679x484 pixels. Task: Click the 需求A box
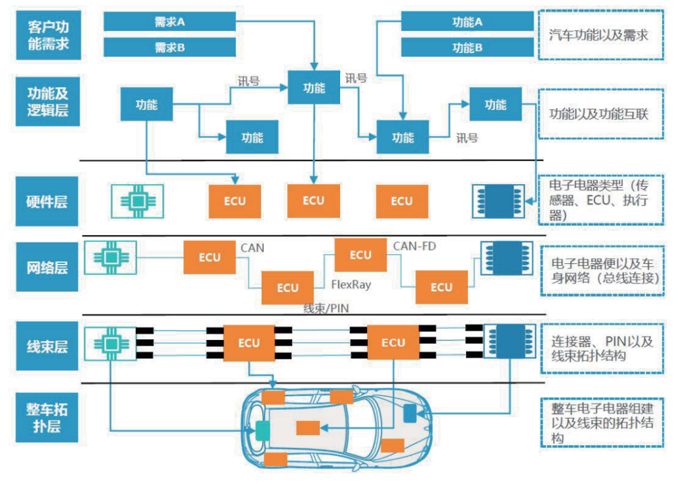(170, 22)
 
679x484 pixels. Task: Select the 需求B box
(170, 48)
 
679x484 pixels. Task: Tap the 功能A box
(467, 22)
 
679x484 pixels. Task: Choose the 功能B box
(467, 48)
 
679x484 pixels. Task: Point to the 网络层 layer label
(47, 268)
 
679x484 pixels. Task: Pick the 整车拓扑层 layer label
(47, 419)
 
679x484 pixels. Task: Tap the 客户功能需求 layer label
(47, 36)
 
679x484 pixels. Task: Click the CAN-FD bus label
(414, 246)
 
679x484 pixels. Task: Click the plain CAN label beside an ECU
(252, 248)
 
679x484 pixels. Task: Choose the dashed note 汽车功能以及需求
(598, 35)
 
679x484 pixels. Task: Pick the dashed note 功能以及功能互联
(598, 114)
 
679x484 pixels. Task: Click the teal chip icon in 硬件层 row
(137, 200)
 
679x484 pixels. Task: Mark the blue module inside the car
(410, 413)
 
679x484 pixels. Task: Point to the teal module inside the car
(263, 430)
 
